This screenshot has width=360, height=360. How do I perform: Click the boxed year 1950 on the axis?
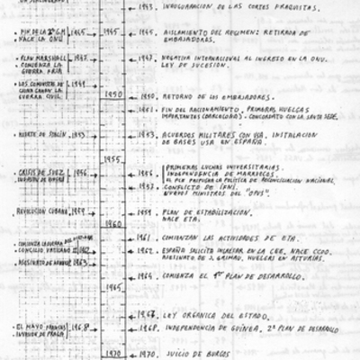pos(113,94)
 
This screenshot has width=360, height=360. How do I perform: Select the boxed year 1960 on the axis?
pos(113,223)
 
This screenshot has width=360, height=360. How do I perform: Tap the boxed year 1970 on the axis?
pos(113,354)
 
